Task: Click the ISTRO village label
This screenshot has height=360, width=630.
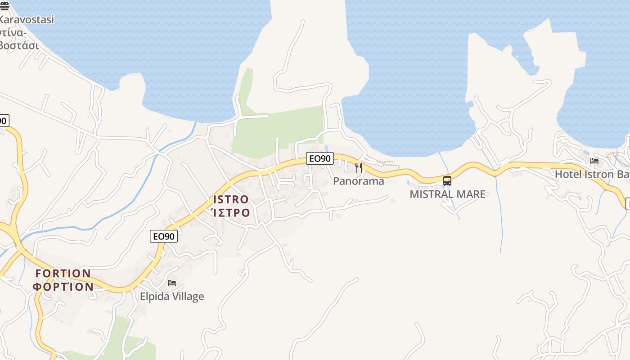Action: click(x=231, y=199)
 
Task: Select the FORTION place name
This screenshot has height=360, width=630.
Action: click(x=63, y=273)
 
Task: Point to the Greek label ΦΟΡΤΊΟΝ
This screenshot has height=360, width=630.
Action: click(x=63, y=286)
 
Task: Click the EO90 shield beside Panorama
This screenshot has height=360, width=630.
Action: click(x=320, y=158)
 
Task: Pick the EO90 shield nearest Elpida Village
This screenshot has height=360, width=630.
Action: click(x=164, y=236)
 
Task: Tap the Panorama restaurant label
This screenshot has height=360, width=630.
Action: click(x=358, y=181)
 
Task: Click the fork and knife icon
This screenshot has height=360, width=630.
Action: click(x=359, y=168)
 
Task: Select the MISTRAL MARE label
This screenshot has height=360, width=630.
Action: click(x=447, y=194)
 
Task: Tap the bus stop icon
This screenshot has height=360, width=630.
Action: click(x=447, y=181)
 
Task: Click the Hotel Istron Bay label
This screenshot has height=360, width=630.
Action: click(x=591, y=174)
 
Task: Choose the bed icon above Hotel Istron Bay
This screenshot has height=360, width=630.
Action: click(x=594, y=161)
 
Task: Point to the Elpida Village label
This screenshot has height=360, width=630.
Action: click(x=172, y=297)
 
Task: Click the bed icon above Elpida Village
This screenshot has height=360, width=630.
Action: click(x=172, y=283)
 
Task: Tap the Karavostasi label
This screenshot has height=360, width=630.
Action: click(x=27, y=20)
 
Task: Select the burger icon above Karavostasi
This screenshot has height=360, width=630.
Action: click(x=4, y=5)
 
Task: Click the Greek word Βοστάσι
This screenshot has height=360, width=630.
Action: click(x=20, y=45)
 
